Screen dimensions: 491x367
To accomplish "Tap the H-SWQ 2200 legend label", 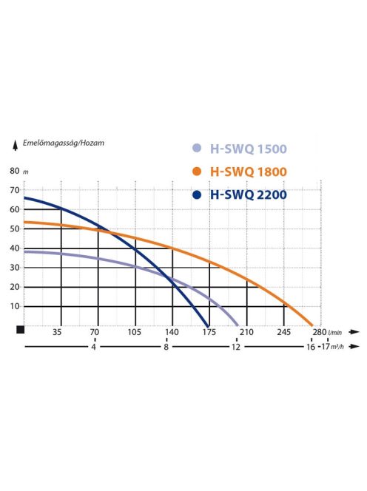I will tap(248, 195).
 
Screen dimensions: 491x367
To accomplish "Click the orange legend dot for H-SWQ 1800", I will tap(196, 172).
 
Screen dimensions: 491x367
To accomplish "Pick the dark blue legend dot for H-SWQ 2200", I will tap(196, 195).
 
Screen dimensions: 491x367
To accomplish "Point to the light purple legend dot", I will tap(196, 148).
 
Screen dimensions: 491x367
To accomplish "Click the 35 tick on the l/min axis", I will tap(57, 333).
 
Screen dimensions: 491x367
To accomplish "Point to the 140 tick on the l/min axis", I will tap(172, 333).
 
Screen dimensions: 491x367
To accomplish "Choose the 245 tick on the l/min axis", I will tap(284, 333).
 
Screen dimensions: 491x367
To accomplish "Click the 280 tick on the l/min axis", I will tap(318, 333).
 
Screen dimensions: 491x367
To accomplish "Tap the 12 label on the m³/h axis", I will tap(236, 346).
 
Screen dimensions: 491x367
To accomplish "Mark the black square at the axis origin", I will tap(21, 330).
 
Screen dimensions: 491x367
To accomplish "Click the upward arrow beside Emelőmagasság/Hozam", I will tap(14, 143).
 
